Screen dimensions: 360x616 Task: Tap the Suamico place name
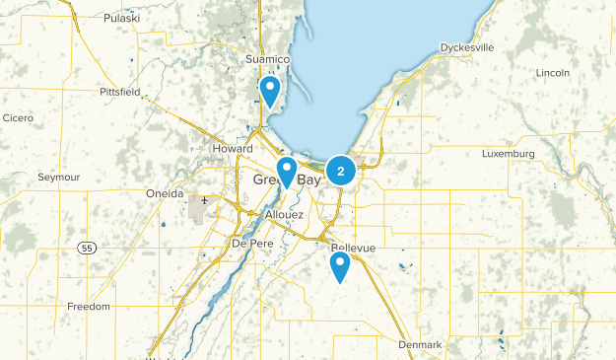tap(268, 60)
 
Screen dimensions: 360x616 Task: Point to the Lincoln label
tap(553, 73)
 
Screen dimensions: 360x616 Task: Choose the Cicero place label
tap(18, 117)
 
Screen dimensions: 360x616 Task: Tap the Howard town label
tap(233, 148)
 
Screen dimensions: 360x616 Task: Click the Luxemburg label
tap(508, 154)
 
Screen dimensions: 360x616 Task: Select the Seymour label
tap(57, 177)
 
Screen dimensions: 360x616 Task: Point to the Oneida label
tap(164, 193)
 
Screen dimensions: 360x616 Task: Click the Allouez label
tap(284, 214)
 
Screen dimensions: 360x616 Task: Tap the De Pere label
tap(250, 243)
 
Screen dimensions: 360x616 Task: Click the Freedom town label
tap(89, 307)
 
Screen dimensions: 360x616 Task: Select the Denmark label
tap(421, 344)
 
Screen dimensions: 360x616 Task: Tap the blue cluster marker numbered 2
tap(341, 172)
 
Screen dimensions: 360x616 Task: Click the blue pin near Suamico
tap(269, 93)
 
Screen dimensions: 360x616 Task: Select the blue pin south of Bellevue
tap(340, 266)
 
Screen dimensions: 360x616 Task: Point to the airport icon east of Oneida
tap(205, 201)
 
